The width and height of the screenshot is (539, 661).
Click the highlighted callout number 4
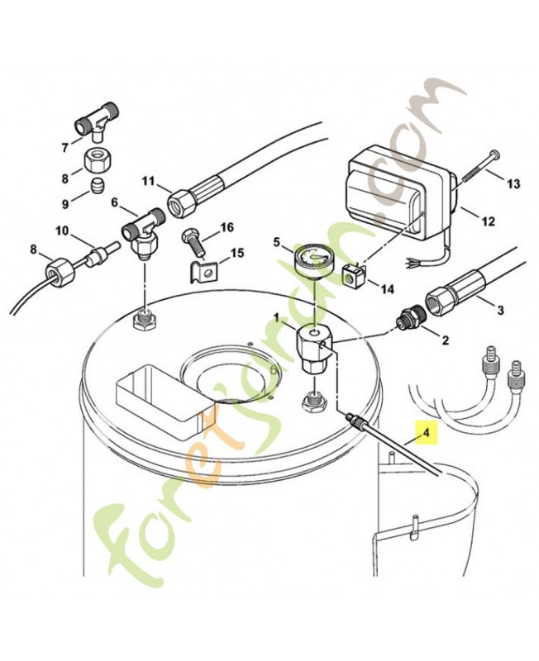click(x=426, y=432)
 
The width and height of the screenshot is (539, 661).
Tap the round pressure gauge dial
click(x=311, y=257)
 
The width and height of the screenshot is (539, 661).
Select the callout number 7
click(x=64, y=148)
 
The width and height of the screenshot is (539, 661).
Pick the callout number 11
click(x=149, y=182)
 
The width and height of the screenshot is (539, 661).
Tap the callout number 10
click(x=61, y=229)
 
